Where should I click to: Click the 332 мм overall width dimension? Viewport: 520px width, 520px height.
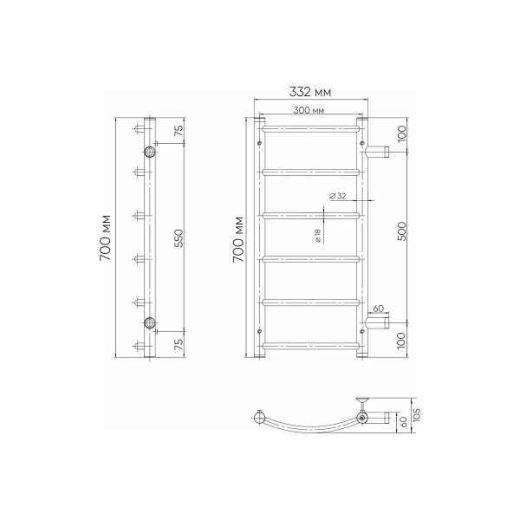(309, 92)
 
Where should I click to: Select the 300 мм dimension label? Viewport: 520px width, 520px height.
(309, 111)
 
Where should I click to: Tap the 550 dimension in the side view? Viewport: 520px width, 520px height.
(178, 239)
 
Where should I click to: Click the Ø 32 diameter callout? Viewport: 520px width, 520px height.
(338, 197)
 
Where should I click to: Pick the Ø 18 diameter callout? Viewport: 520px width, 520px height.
(319, 236)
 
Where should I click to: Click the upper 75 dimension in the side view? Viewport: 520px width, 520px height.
(179, 131)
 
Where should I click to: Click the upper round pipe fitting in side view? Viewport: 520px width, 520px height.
(151, 152)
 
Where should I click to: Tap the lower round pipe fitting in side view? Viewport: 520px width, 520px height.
(151, 323)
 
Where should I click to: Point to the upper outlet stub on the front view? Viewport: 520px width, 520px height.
(378, 153)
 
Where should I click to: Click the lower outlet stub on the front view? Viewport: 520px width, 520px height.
(378, 323)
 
